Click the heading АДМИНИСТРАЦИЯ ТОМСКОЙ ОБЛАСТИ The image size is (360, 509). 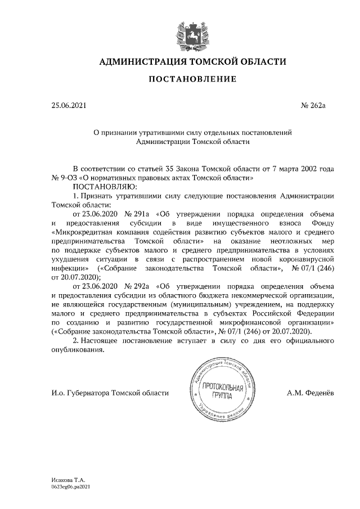[x=193, y=61]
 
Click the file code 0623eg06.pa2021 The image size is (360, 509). [x=71, y=487]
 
